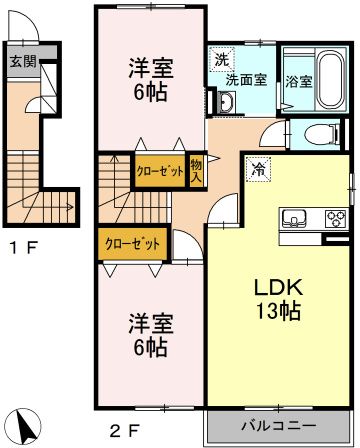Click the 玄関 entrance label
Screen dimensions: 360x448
pyautogui.click(x=23, y=61)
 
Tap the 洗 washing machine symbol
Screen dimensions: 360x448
pyautogui.click(x=221, y=60)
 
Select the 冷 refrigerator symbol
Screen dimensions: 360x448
pyautogui.click(x=258, y=169)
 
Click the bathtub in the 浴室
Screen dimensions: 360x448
pyautogui.click(x=331, y=80)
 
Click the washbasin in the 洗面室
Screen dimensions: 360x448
pyautogui.click(x=227, y=101)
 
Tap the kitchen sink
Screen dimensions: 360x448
pyautogui.click(x=294, y=218)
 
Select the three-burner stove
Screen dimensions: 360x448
pyautogui.click(x=336, y=219)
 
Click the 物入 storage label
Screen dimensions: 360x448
pyautogui.click(x=197, y=170)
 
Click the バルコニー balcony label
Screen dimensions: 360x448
pyautogui.click(x=278, y=426)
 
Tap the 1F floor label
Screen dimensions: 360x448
pyautogui.click(x=23, y=248)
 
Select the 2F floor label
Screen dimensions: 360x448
pyautogui.click(x=124, y=431)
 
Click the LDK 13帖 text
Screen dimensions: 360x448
pyautogui.click(x=278, y=299)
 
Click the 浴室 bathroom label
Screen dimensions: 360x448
pyautogui.click(x=299, y=81)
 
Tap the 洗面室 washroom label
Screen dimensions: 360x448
pyautogui.click(x=246, y=80)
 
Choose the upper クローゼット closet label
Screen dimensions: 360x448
pyautogui.click(x=160, y=171)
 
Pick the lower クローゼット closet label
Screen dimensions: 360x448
pyautogui.click(x=132, y=244)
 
